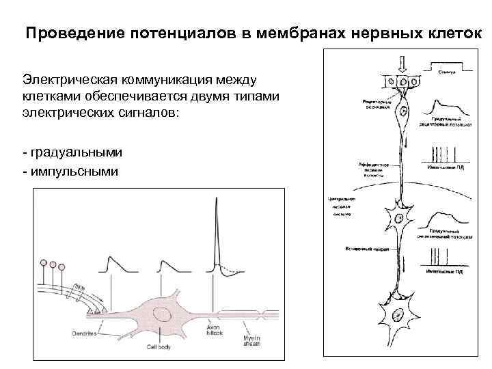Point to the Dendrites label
(83, 334)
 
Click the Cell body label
(159, 346)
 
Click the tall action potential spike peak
(215, 200)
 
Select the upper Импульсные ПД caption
(445, 167)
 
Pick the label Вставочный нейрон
(367, 249)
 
